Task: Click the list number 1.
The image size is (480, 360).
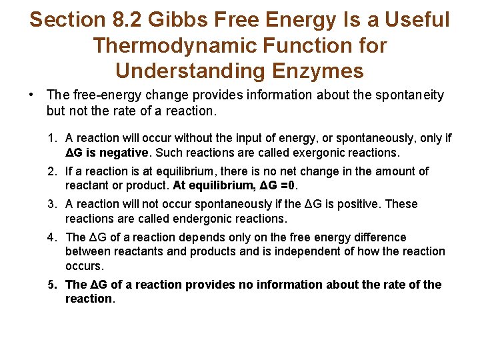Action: [x=51, y=138]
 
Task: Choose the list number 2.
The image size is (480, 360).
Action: [x=51, y=171]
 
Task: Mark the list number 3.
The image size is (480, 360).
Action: [x=51, y=204]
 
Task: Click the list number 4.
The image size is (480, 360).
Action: [x=51, y=237]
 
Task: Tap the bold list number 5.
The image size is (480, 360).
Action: [x=51, y=285]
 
